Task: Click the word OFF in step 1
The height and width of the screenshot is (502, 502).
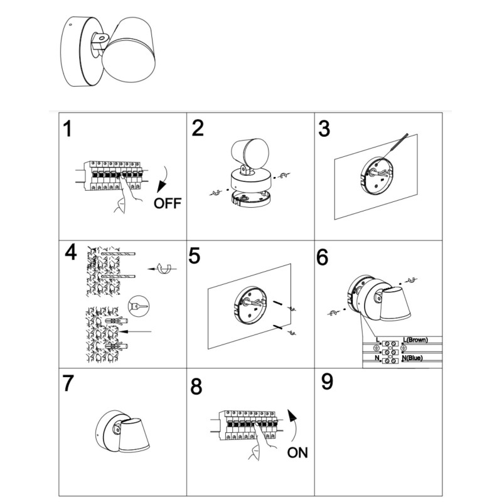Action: coord(168,203)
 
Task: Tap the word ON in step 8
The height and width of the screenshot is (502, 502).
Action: coord(297,452)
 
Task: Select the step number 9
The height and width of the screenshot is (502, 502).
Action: coord(327,382)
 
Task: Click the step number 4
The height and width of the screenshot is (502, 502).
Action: coord(71,252)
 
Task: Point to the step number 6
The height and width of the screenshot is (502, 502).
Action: coord(323,257)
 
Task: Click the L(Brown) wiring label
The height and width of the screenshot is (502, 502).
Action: coord(415,339)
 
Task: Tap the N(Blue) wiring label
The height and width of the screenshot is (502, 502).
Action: coord(412,358)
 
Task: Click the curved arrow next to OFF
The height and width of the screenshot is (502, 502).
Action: coord(163,179)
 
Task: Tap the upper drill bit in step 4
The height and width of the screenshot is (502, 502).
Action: coord(118,254)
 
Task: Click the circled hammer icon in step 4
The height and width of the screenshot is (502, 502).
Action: coord(138,306)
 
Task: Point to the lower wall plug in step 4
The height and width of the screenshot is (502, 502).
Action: coord(116,346)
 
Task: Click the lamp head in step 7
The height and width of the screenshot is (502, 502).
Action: coord(134,435)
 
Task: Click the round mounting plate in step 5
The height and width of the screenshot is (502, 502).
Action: coord(250,305)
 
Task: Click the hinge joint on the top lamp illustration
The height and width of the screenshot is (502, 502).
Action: coord(100,43)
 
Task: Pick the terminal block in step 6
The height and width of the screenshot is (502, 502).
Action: coord(390,352)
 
